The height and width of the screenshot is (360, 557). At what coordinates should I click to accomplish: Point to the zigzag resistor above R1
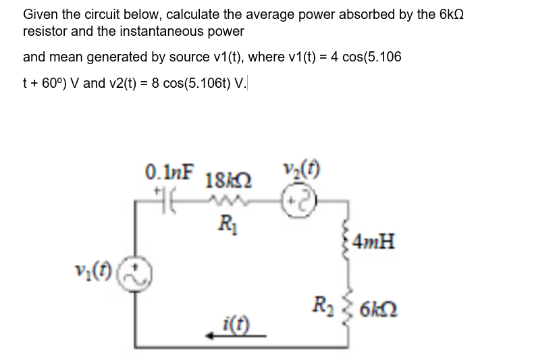222,200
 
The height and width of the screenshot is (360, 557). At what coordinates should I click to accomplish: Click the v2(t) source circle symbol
298,199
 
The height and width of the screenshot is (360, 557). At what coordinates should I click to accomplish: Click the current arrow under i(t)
232,333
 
